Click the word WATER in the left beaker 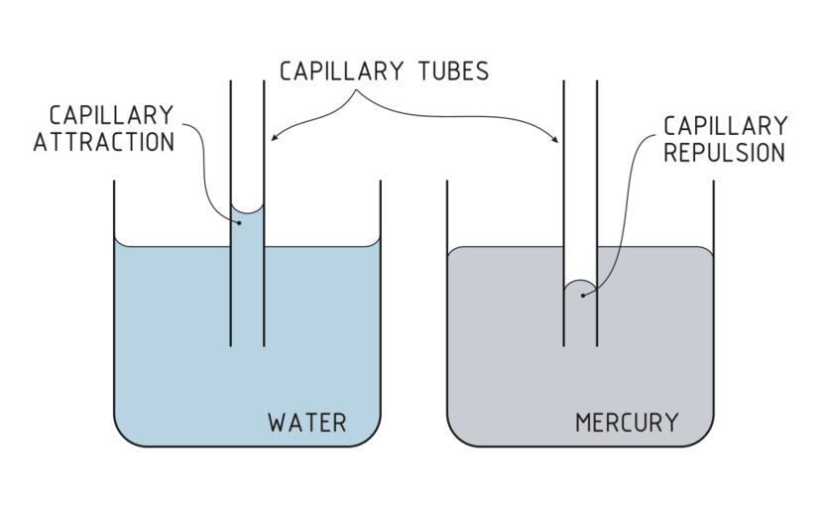(x=307, y=423)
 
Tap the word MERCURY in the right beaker (x=627, y=423)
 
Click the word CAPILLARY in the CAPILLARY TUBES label (x=340, y=71)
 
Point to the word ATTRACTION (x=104, y=142)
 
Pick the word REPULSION (x=727, y=153)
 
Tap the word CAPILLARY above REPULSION (x=727, y=126)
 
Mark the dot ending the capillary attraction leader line (x=238, y=222)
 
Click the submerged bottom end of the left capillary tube (x=247, y=344)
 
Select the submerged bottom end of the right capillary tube (x=580, y=344)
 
